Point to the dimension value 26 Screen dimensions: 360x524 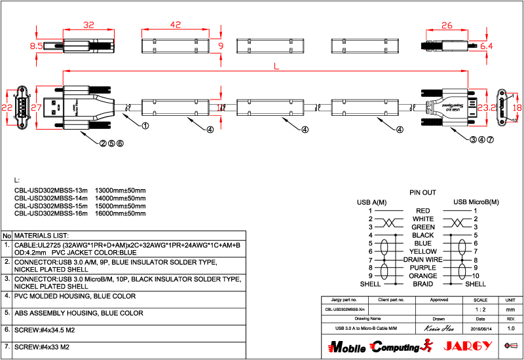click(447, 26)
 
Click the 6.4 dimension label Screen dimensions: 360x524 click(486, 46)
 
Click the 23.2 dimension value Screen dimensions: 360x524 click(487, 107)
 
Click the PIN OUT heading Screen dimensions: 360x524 click(422, 193)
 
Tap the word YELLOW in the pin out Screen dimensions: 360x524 click(422, 251)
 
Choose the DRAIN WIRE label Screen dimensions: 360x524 click(422, 259)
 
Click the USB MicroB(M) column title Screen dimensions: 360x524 click(476, 202)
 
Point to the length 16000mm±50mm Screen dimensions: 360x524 click(121, 213)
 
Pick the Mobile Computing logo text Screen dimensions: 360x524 click(373, 346)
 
